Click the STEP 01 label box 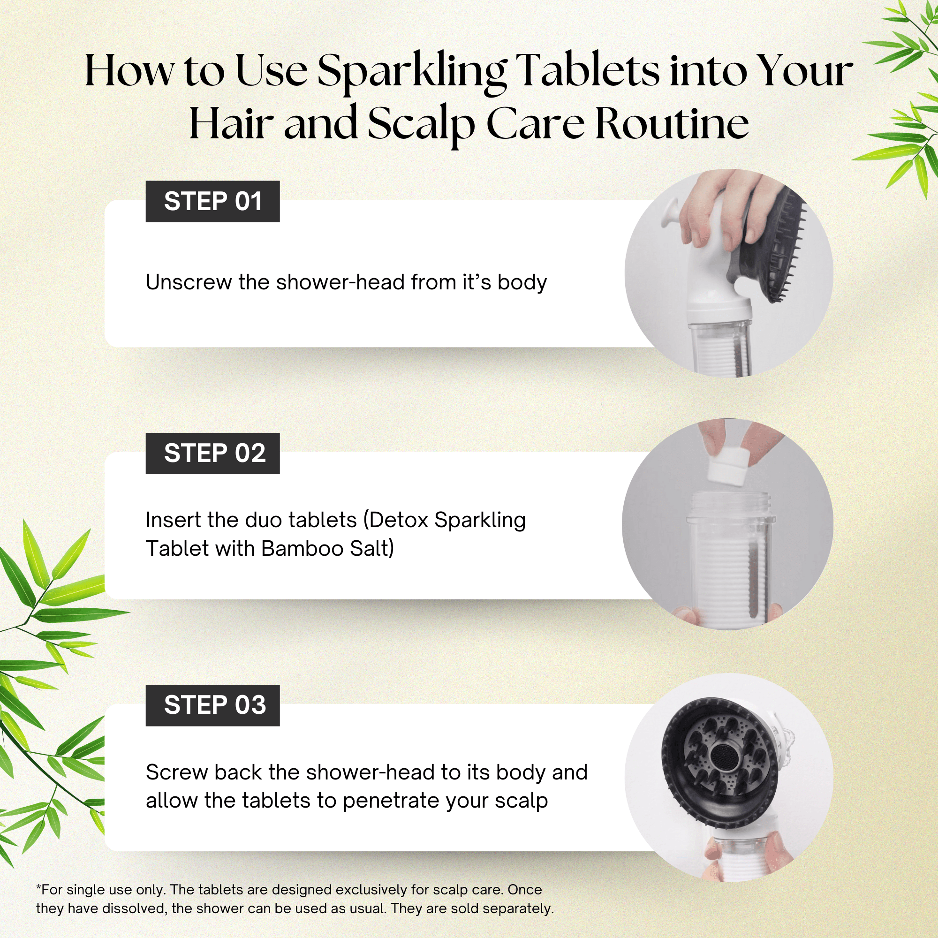tap(212, 202)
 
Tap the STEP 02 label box tap(212, 454)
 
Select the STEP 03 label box tap(212, 705)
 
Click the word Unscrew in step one tap(189, 282)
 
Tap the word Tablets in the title tap(588, 72)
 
